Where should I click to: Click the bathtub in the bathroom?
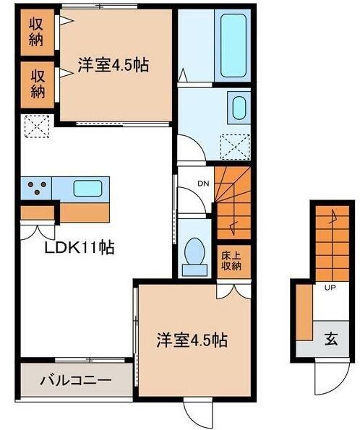[233, 46]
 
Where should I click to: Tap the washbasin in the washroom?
[239, 108]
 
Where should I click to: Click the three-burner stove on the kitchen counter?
[36, 188]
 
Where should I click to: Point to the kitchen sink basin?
[87, 188]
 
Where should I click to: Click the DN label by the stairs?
[203, 184]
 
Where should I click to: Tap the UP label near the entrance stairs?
[330, 288]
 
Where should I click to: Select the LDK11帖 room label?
[80, 247]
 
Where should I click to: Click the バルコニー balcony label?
[76, 380]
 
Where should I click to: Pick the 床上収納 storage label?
[231, 261]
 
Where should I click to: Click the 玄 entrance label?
[331, 339]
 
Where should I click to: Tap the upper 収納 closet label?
[36, 32]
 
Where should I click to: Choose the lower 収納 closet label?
[38, 84]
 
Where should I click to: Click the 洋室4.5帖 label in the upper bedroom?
[113, 65]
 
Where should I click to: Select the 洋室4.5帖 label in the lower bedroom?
[192, 340]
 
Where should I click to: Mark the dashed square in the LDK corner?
[38, 126]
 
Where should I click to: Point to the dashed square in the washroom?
[236, 147]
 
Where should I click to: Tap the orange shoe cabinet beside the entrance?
[304, 312]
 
